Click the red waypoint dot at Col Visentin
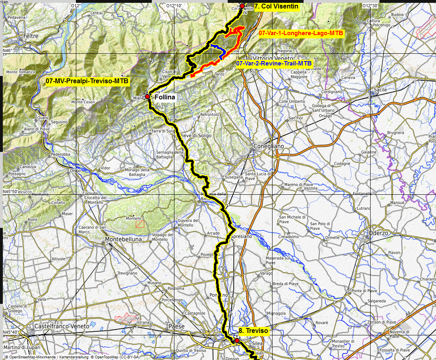coord(242,6)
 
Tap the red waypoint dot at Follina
coord(148,97)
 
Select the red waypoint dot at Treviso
coord(237,340)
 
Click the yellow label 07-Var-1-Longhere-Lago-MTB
coord(301,33)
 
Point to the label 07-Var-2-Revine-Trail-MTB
coord(274,63)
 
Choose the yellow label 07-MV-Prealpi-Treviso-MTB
coord(87,81)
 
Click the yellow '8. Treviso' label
coord(254,331)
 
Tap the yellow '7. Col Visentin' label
coord(276,6)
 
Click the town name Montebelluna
coord(124,239)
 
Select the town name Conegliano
coord(269,146)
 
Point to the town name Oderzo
coord(379,233)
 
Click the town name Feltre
coord(31,36)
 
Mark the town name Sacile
coord(380,89)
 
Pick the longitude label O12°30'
coord(370,6)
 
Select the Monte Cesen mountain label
coord(83,102)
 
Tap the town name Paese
coord(177,326)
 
